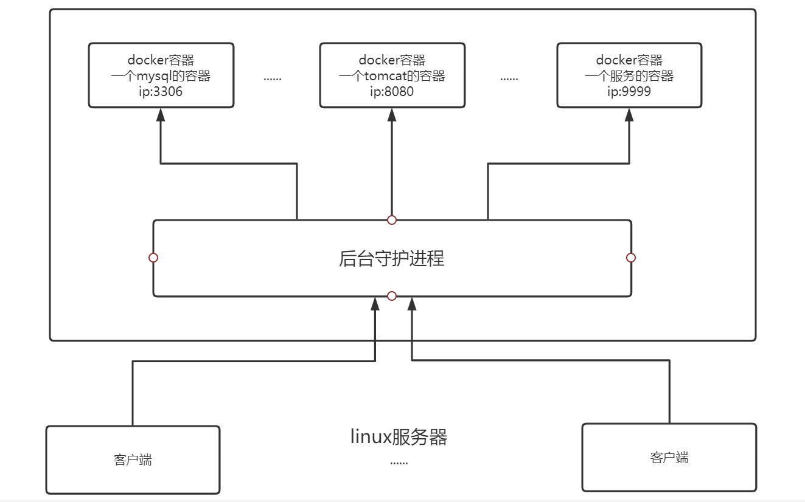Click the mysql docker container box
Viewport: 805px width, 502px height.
click(x=161, y=75)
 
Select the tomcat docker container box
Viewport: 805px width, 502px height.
click(x=392, y=75)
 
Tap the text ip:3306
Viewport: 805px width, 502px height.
click(x=161, y=92)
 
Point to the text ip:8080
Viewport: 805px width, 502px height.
click(x=392, y=92)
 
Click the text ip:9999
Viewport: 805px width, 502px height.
click(x=629, y=92)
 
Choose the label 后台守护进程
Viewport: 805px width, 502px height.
click(x=392, y=258)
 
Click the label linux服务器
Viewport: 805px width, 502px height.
click(x=399, y=437)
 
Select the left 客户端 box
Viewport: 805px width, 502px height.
click(x=133, y=459)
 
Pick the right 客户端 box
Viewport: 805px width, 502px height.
click(x=669, y=457)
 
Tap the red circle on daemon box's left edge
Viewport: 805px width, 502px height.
click(x=153, y=258)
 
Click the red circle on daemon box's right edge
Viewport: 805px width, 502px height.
click(x=631, y=258)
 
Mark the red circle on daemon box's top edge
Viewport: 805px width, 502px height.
click(x=392, y=219)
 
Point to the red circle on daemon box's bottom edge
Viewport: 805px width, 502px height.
click(x=392, y=296)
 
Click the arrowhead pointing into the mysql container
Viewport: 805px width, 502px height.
click(x=161, y=115)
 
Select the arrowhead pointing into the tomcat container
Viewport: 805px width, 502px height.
click(x=392, y=115)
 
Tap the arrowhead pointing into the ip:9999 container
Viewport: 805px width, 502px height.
click(x=629, y=115)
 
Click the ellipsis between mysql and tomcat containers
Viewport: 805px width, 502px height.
click(x=273, y=78)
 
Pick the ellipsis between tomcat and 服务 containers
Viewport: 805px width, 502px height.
click(x=509, y=78)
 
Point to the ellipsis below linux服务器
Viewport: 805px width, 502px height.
click(x=399, y=462)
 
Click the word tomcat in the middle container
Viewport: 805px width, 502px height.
click(x=385, y=76)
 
